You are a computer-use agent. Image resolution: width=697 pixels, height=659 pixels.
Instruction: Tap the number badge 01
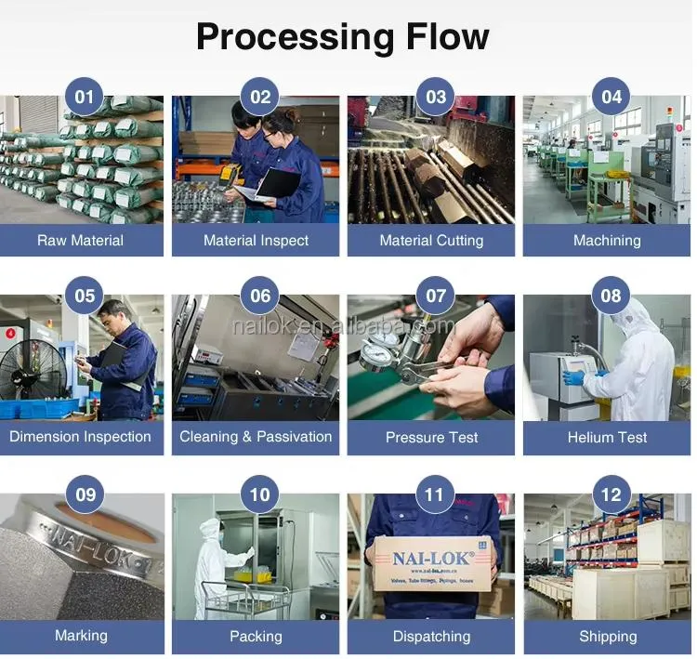point(85,98)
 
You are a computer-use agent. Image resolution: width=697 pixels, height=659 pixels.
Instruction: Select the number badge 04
point(611,98)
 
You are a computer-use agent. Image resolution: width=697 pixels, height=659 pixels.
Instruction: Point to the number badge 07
point(435,297)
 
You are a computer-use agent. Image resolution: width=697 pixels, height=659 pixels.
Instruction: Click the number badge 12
point(611,494)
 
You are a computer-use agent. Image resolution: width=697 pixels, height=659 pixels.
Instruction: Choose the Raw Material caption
point(80,240)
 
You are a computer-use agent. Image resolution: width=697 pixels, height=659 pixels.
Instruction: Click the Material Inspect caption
point(256,240)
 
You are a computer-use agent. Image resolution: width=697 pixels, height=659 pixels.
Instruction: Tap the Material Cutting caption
point(431,240)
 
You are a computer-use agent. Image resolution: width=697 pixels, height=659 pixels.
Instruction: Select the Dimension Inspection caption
point(80,437)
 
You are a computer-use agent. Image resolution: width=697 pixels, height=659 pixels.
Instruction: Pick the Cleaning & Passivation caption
point(256,437)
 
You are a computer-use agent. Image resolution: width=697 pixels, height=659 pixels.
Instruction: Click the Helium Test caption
point(607,437)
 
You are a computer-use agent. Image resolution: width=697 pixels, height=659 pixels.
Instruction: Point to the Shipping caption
point(608,636)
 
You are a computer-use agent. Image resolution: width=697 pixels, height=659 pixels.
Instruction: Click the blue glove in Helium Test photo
point(573,377)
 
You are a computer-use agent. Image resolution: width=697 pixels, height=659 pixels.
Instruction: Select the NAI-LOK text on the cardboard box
point(431,560)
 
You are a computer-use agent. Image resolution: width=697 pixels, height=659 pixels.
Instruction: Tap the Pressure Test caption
point(431,437)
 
